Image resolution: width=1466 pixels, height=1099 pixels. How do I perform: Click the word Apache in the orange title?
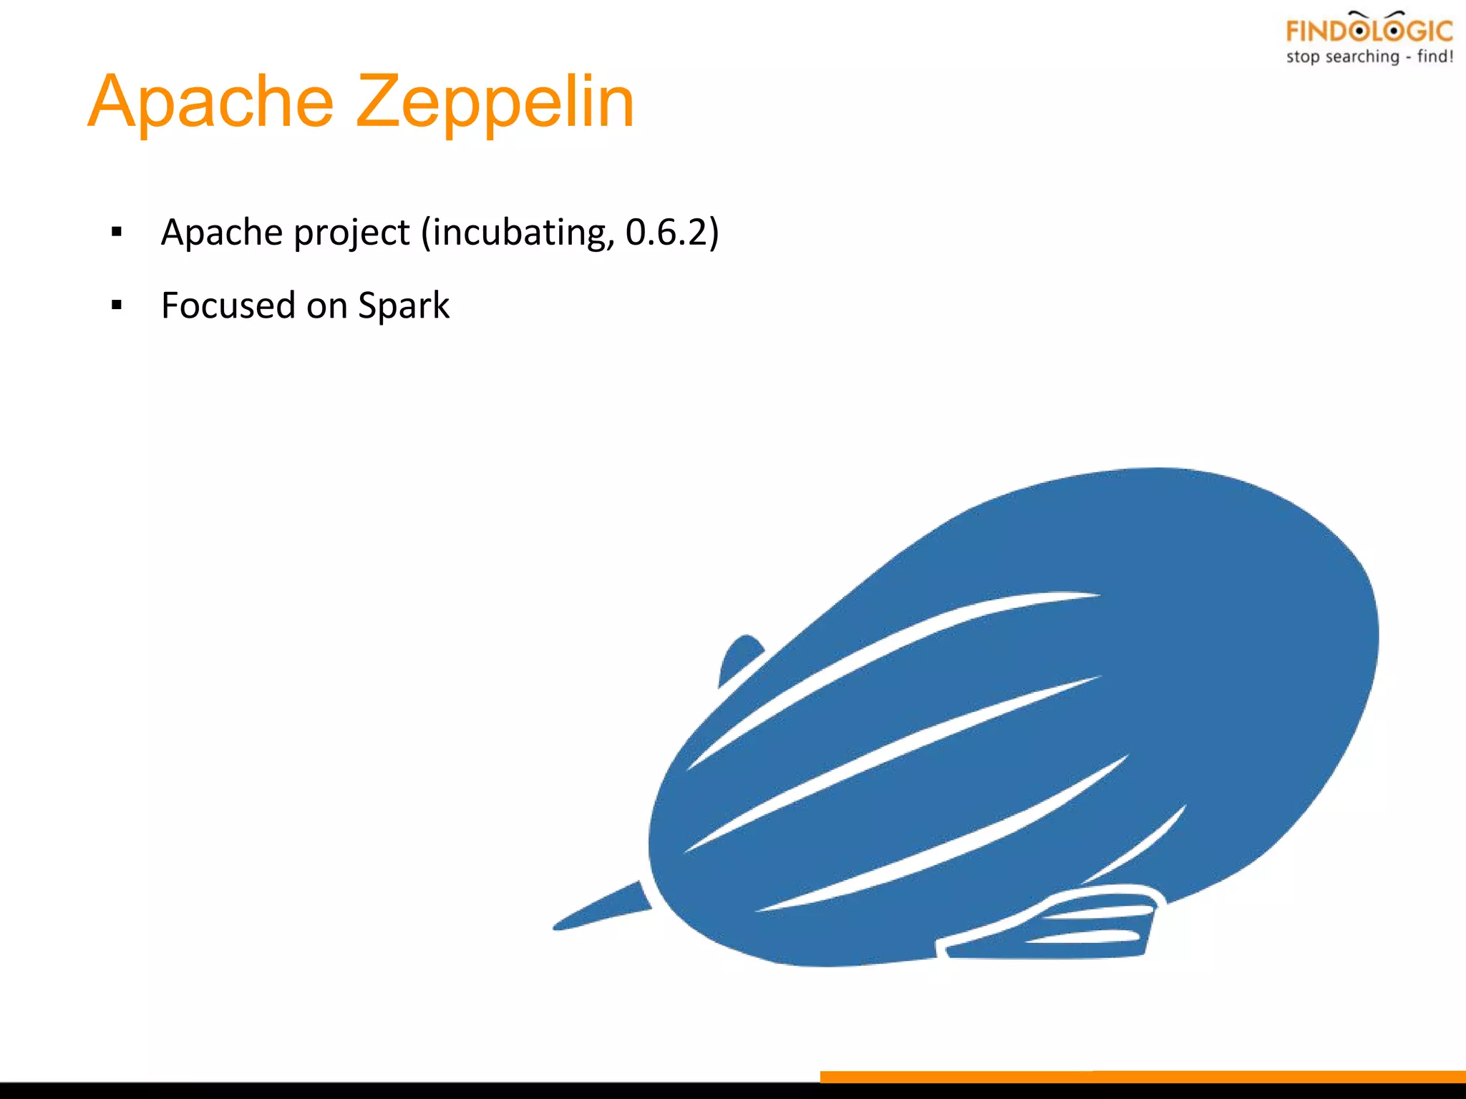click(x=211, y=102)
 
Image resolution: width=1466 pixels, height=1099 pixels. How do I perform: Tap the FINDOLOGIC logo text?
click(x=1369, y=31)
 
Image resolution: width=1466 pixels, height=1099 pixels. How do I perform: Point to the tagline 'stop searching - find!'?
click(x=1369, y=57)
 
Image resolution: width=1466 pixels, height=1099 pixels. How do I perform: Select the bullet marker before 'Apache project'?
click(x=117, y=232)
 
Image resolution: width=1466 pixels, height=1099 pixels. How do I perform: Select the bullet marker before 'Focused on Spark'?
click(x=117, y=306)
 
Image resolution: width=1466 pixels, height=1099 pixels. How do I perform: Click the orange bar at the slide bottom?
click(x=1142, y=1077)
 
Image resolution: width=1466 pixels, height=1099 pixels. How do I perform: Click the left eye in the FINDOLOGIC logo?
click(x=1359, y=31)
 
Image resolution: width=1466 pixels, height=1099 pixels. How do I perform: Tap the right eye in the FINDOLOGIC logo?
click(x=1393, y=31)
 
